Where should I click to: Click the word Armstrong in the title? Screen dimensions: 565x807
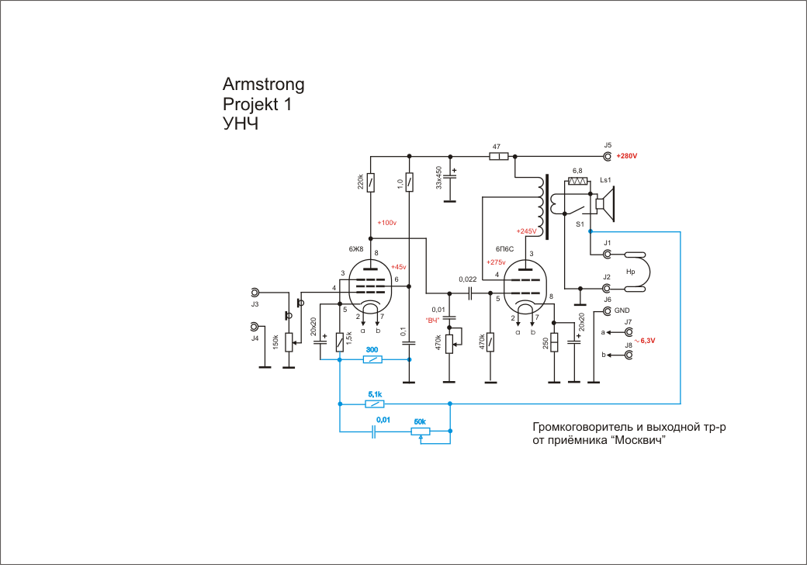263,84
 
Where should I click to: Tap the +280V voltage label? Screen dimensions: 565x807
626,157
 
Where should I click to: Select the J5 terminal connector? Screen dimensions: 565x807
608,157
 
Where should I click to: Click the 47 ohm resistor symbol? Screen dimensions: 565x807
499,157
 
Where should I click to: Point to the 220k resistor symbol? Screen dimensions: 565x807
371,182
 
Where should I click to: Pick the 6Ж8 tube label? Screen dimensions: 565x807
356,249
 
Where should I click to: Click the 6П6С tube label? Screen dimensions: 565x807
505,250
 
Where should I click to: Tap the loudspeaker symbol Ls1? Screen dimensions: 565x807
607,204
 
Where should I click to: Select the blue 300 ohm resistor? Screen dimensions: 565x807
373,360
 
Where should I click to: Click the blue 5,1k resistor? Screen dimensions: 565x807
375,404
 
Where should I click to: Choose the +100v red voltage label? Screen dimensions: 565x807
386,224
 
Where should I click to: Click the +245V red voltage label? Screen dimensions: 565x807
526,231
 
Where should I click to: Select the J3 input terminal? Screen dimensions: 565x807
255,293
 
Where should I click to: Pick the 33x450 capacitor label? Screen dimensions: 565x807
439,178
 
